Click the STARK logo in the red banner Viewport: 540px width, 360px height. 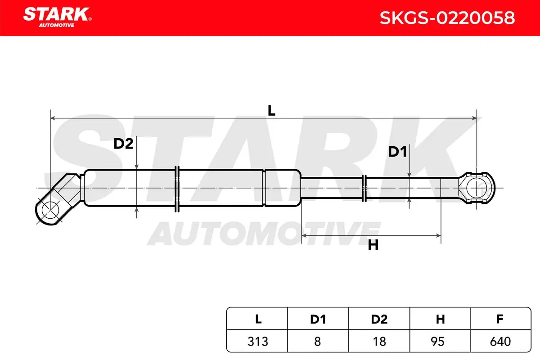click(58, 17)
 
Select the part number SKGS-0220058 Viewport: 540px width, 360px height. click(447, 18)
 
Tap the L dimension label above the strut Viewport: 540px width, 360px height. click(271, 110)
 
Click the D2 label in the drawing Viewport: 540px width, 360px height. click(123, 144)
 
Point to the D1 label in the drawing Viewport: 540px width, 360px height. click(397, 152)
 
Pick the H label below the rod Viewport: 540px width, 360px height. click(373, 245)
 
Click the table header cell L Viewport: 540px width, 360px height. click(258, 319)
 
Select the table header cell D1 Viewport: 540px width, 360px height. click(318, 319)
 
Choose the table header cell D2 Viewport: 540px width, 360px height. click(379, 319)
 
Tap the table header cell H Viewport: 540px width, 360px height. click(440, 319)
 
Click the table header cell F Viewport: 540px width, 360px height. click(500, 319)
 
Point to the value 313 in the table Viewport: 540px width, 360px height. click(258, 342)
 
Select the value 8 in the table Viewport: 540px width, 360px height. click(318, 342)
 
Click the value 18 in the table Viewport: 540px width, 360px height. click(379, 342)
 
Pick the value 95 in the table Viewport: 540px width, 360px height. click(437, 342)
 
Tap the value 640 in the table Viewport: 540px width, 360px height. click(500, 342)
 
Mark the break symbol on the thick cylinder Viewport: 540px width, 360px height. click(177, 189)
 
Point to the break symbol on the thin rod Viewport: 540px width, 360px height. click(364, 188)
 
